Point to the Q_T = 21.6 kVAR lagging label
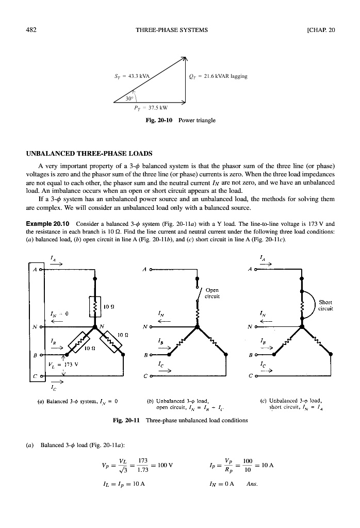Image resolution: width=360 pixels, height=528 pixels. tap(219, 76)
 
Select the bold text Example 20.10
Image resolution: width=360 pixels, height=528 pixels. tap(47, 224)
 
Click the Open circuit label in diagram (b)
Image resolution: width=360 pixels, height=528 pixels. tap(212, 293)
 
